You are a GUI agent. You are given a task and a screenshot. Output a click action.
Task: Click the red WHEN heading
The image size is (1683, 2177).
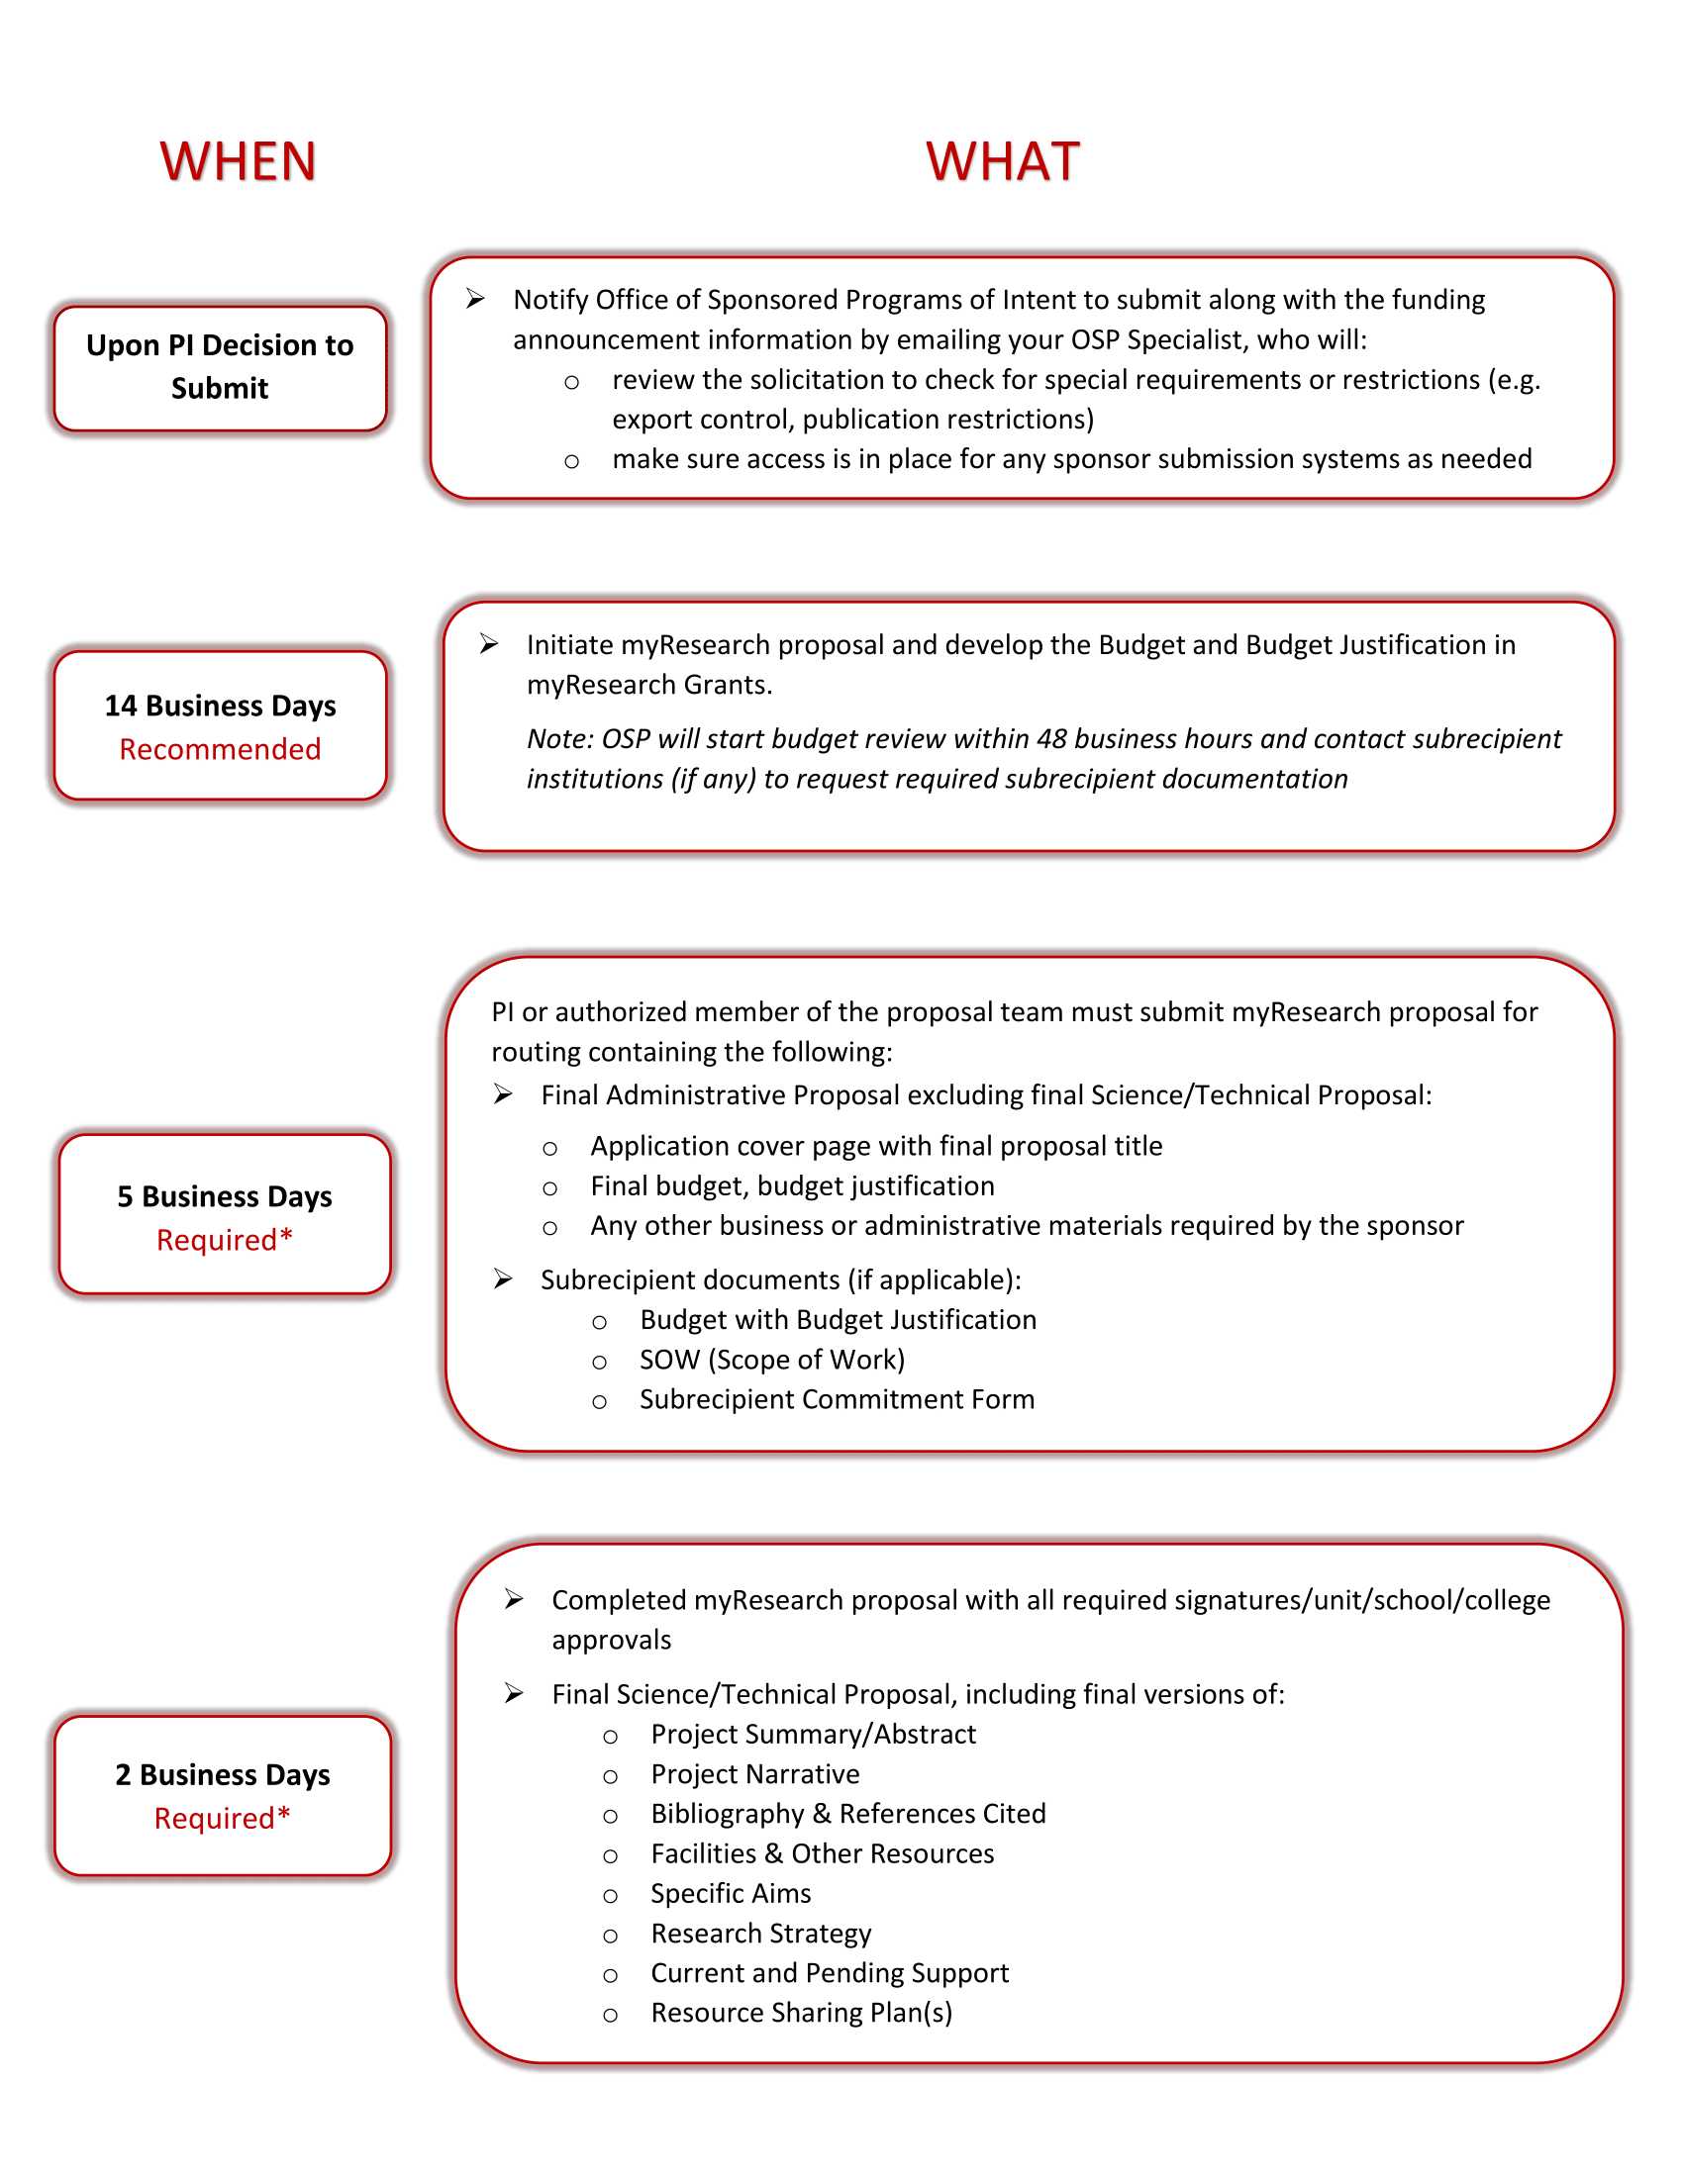tap(238, 161)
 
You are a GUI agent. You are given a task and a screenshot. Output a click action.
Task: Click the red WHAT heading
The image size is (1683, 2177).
tap(1002, 161)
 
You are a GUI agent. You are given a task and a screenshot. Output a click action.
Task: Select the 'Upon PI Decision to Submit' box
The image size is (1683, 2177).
tap(220, 367)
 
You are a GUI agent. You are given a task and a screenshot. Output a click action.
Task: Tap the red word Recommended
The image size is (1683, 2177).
tap(220, 749)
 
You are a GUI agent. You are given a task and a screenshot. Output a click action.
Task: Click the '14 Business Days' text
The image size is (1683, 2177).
tap(220, 706)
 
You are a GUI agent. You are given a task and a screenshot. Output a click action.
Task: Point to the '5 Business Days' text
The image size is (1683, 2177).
tap(225, 1195)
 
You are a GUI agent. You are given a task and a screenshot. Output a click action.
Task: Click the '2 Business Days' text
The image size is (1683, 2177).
tap(223, 1774)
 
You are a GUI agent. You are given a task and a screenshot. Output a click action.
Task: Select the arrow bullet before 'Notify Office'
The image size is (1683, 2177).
tap(475, 299)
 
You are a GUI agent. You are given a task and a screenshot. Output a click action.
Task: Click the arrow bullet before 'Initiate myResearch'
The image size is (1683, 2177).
tap(488, 644)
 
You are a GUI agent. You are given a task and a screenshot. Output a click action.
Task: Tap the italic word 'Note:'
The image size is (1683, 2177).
tap(559, 738)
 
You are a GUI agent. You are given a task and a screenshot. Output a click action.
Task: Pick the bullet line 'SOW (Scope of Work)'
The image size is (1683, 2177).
tap(772, 1360)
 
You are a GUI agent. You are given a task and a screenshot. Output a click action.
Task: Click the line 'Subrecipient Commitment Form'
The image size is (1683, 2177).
tap(837, 1399)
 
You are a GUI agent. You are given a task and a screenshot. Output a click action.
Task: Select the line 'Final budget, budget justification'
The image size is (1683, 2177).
tap(792, 1186)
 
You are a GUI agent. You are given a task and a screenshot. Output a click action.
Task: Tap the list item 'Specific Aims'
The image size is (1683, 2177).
tap(730, 1893)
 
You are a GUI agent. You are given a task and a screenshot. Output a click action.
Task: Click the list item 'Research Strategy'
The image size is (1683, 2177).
tap(760, 1933)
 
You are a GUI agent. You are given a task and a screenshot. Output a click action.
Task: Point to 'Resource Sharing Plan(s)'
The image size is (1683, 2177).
tap(801, 2013)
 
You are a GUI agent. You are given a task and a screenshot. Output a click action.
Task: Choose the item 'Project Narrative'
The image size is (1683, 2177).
tap(754, 1774)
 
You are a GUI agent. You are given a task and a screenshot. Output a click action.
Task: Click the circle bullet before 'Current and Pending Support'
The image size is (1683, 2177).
tap(610, 1975)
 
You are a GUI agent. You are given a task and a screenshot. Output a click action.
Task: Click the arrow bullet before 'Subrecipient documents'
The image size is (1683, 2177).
tap(503, 1278)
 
